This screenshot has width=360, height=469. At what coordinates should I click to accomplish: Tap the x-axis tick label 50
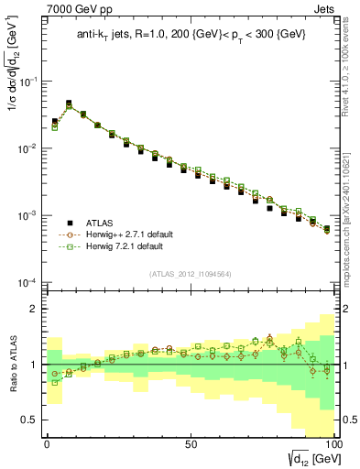190,444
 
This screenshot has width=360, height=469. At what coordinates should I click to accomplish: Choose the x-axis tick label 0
47,444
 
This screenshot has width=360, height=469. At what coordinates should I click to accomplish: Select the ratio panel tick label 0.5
30,420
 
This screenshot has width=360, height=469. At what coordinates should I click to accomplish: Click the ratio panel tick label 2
35,309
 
